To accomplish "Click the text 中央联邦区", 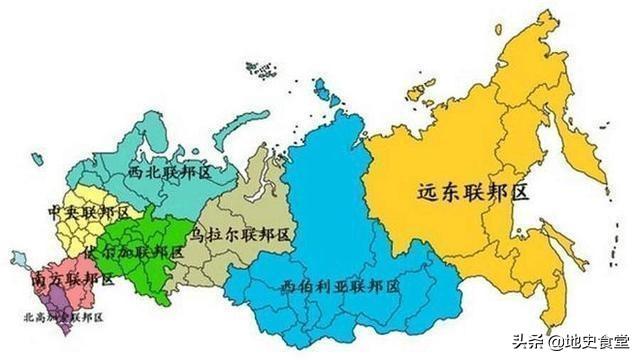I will tap(89, 214).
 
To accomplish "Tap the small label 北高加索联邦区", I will tap(61, 318).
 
